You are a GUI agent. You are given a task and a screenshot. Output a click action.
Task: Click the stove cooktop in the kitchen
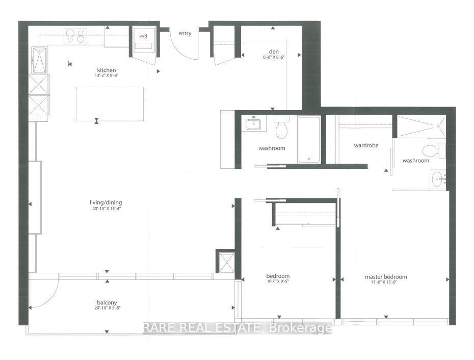tap(75, 36)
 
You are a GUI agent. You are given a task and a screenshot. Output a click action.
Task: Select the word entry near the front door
tap(185, 34)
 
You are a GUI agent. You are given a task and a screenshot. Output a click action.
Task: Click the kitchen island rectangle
tap(110, 104)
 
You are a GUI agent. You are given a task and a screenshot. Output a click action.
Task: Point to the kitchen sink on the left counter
tap(39, 60)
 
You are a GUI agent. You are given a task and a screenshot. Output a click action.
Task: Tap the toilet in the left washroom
tap(281, 128)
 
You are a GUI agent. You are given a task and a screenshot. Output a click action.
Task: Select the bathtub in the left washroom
tap(309, 139)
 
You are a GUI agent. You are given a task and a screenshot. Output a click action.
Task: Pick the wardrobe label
tap(366, 145)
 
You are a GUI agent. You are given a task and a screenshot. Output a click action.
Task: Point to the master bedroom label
tap(386, 277)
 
